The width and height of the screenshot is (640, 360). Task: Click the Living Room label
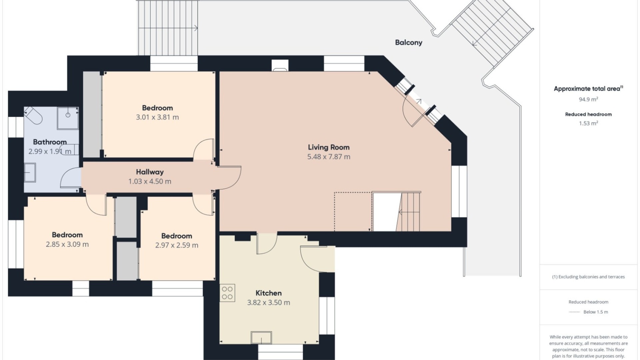coord(328,147)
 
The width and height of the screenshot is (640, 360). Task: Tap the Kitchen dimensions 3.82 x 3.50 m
coord(268,303)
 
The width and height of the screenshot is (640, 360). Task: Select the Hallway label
coord(150,172)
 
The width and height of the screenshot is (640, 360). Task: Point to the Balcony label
coord(409,43)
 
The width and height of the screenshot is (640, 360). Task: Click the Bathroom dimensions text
coord(50,151)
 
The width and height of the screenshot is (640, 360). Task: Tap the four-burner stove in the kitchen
coord(227,293)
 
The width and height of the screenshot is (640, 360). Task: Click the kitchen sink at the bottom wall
coord(261,337)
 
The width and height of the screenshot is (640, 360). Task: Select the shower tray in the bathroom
coord(68,118)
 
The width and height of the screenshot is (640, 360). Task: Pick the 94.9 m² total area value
coord(588,99)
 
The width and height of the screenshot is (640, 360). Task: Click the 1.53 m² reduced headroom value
coord(588,123)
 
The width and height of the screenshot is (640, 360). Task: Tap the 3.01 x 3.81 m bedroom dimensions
coord(157,117)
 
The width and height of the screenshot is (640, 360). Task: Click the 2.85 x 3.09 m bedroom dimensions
coord(67,244)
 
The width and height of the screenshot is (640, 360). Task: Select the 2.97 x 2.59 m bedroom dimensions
coord(177,245)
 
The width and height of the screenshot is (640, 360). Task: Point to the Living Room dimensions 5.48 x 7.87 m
coord(329,157)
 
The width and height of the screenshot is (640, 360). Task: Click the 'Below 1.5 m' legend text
coord(596,312)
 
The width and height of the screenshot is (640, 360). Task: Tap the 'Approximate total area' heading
coord(587,89)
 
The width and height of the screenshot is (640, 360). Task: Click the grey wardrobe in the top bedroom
coord(92,114)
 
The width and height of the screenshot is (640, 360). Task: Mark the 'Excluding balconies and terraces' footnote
coord(588,277)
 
